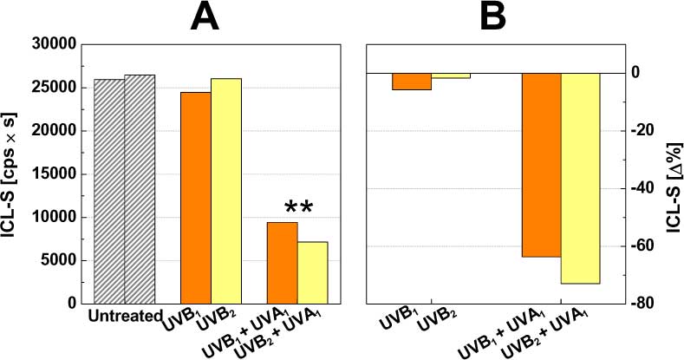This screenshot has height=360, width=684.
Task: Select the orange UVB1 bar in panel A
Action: coord(195,197)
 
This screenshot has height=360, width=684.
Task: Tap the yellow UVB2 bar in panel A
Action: coord(225,190)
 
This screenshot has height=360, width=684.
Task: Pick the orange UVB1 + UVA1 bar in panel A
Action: coord(282,262)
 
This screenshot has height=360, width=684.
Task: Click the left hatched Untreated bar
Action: coord(108,191)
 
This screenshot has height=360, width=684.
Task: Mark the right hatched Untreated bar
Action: coord(139,188)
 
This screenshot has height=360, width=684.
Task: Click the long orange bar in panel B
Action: coord(542,165)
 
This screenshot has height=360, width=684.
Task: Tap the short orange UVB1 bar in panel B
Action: coord(412,81)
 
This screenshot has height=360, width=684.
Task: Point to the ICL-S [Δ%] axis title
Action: coord(673,173)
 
